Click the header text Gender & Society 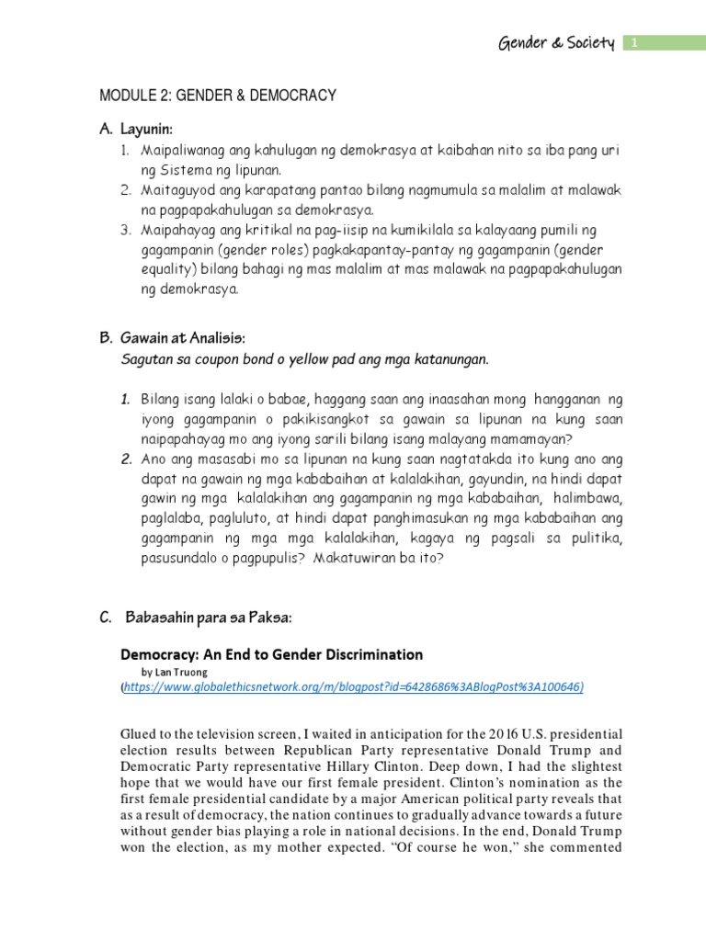point(554,44)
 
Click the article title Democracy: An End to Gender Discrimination point(272,654)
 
